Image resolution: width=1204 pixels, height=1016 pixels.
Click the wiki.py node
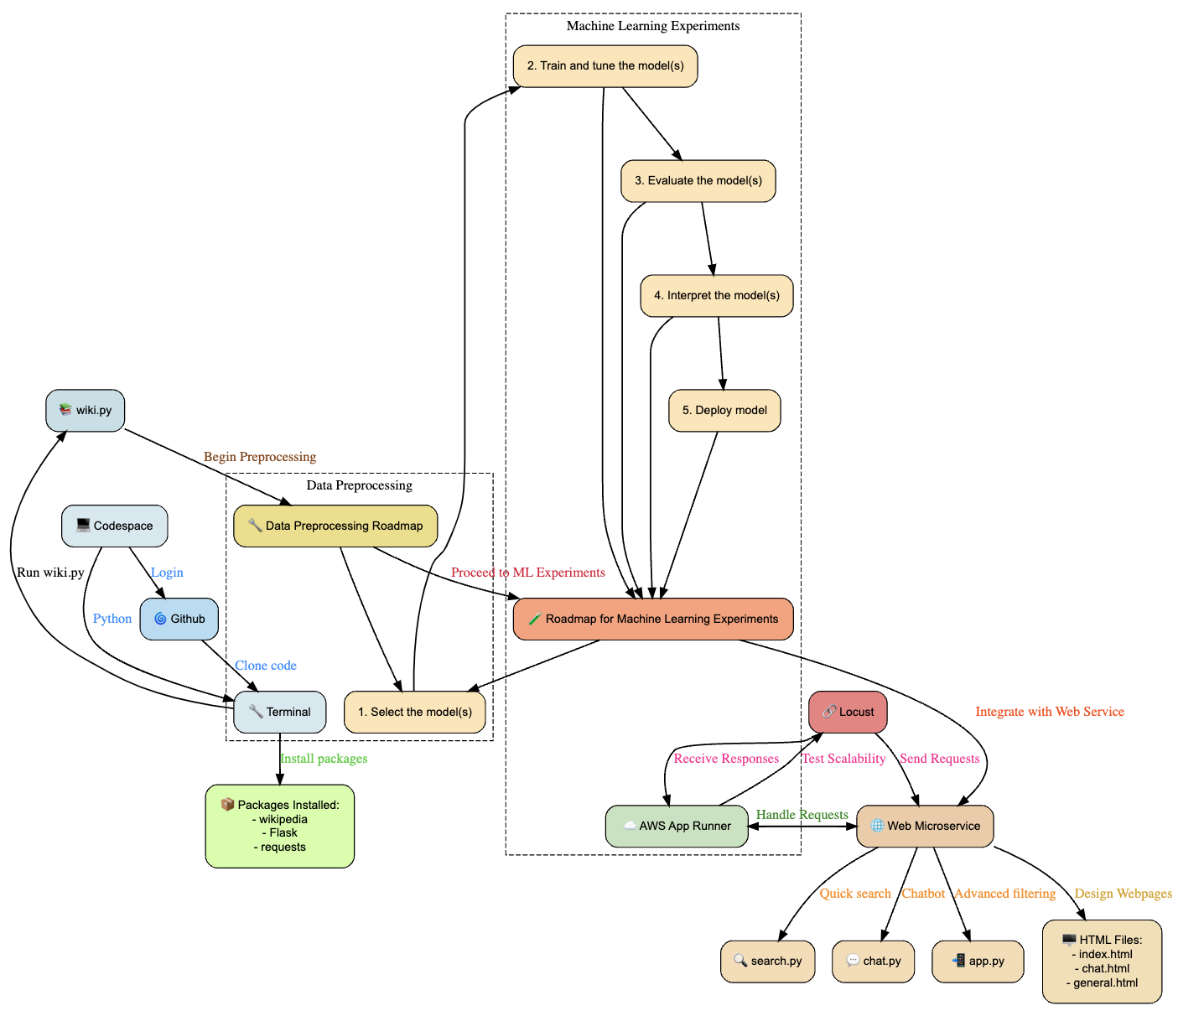86,410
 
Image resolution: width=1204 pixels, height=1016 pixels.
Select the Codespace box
115,526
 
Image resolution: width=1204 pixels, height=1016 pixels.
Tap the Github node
179,619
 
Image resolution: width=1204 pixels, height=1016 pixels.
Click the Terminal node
280,712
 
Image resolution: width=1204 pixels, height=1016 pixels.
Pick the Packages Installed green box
280,826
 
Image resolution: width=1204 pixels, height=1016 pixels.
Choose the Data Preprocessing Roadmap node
335,526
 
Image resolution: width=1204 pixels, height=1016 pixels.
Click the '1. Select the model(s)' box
415,712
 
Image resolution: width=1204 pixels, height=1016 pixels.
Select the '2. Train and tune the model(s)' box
605,65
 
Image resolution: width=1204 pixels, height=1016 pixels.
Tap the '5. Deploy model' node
724,410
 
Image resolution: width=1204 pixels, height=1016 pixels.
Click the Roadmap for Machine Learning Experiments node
653,619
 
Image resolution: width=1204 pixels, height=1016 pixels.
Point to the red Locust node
848,712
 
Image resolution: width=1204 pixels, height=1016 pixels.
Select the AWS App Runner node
677,826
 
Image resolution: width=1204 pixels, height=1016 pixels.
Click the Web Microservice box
925,826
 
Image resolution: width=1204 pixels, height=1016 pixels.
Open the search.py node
768,961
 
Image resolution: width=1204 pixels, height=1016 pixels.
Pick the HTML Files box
1102,962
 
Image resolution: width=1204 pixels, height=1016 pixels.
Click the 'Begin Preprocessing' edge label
260,457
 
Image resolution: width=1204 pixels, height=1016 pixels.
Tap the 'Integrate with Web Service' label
1050,712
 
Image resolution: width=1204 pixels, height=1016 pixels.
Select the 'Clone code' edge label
266,666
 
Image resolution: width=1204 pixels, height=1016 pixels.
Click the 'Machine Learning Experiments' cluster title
653,26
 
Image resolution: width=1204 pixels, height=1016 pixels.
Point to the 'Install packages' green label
324,759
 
